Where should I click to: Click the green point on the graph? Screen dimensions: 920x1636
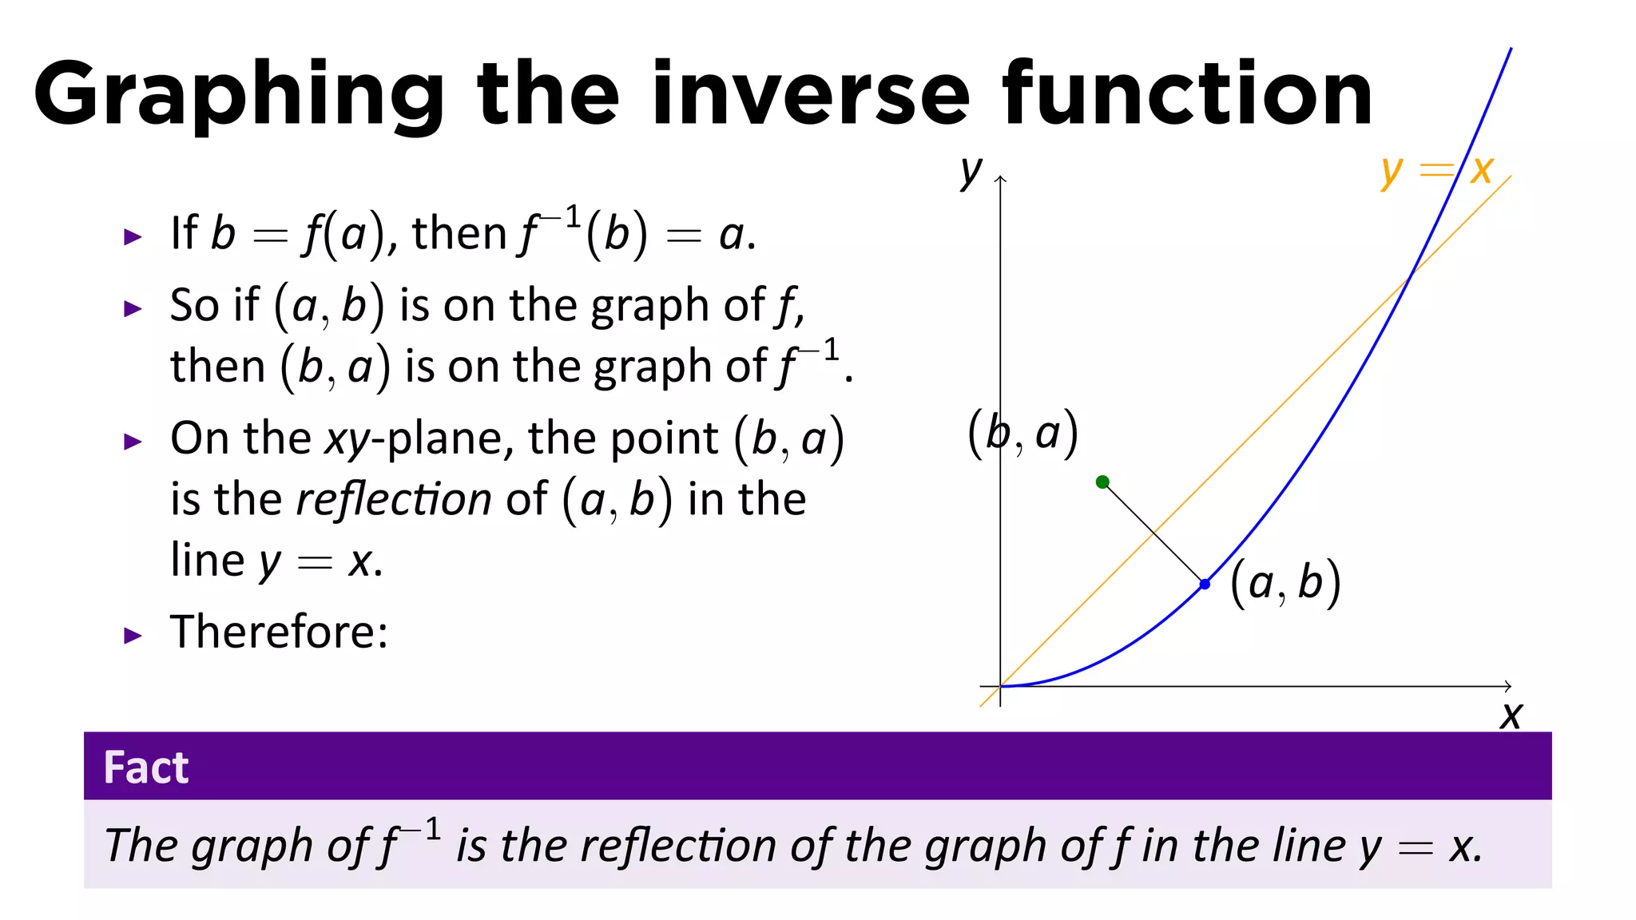(x=1102, y=482)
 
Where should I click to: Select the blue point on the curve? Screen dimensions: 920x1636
(x=1205, y=585)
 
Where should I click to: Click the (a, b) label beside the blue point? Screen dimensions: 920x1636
(x=1285, y=583)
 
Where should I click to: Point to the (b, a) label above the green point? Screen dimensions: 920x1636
(x=1022, y=434)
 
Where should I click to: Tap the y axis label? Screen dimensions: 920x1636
(x=971, y=170)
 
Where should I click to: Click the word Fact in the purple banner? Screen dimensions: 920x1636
(x=146, y=767)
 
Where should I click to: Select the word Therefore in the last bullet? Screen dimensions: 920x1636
(x=279, y=632)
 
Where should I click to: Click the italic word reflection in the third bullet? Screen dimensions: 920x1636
(x=393, y=500)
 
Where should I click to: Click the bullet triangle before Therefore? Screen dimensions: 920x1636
(x=133, y=636)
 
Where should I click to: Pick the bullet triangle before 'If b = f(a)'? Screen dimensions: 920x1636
(x=133, y=236)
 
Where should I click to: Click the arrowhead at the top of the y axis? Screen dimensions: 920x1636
(x=1000, y=179)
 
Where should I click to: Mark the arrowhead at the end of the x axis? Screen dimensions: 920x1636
(x=1507, y=686)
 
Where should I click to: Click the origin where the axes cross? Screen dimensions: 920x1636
(x=1000, y=686)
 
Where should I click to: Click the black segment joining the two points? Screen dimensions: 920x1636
(x=1154, y=533)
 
